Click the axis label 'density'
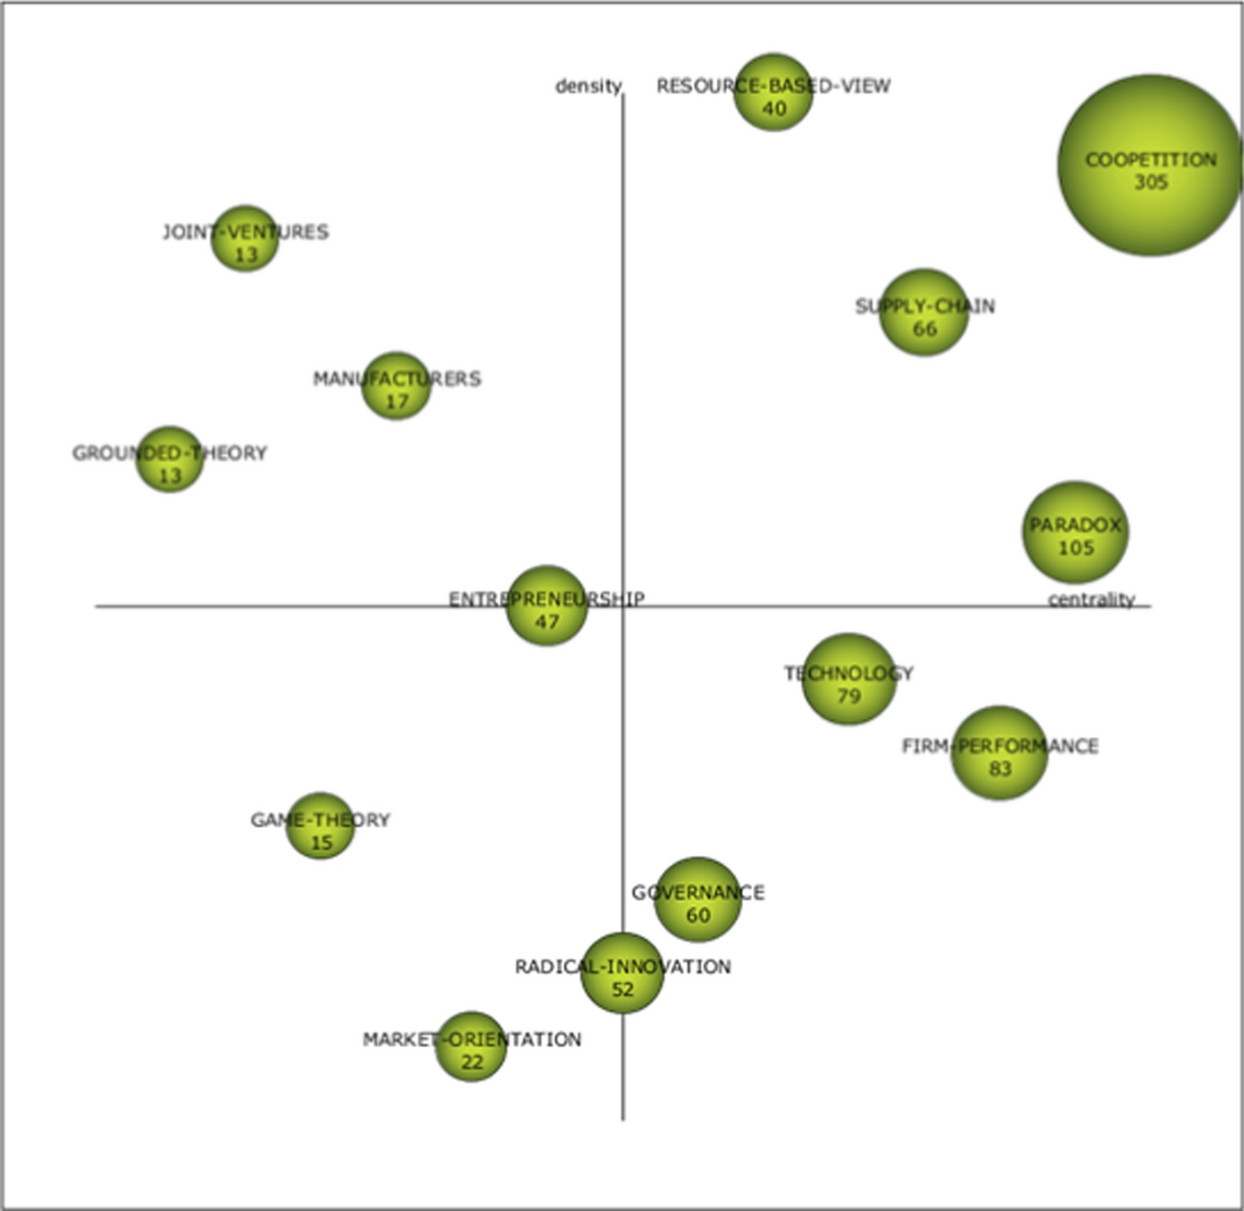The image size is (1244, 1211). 588,86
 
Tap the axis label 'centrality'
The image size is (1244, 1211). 1091,600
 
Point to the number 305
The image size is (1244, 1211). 1151,182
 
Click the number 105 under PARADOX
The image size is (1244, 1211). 1076,548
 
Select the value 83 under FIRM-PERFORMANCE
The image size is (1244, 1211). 1000,769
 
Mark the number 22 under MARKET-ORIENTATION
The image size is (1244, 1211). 472,1062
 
